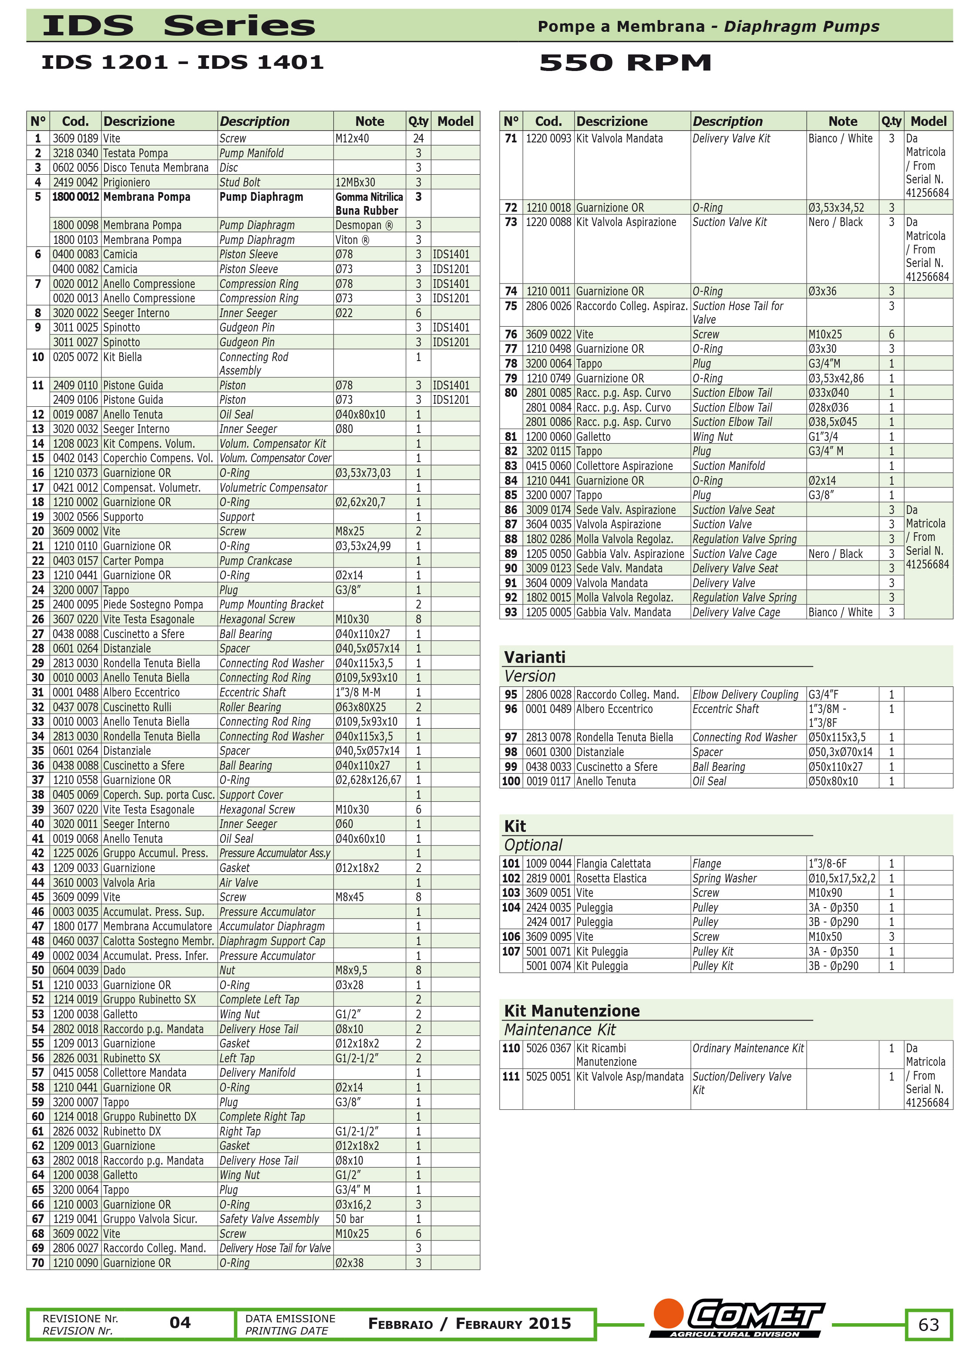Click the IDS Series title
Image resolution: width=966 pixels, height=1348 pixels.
(178, 26)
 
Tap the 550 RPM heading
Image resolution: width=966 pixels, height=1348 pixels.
(625, 62)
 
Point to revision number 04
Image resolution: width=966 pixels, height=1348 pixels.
(180, 1322)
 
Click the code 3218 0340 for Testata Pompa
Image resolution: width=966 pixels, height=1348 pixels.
(75, 153)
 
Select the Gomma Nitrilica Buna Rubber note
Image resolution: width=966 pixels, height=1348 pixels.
(369, 203)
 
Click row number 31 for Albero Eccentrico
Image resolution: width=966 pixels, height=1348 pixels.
(38, 693)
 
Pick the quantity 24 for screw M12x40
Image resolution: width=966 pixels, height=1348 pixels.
(418, 139)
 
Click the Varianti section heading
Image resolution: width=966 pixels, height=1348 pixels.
(535, 657)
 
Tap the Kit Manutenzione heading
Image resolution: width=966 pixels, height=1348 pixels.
(572, 1011)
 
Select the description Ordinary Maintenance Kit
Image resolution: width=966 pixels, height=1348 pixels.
(747, 1048)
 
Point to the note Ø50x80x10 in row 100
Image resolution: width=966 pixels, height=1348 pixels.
(833, 781)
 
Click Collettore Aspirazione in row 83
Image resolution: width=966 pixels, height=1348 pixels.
(624, 466)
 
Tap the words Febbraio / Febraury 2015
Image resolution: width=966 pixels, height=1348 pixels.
(469, 1323)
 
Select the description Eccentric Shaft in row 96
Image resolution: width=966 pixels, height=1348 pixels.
(725, 709)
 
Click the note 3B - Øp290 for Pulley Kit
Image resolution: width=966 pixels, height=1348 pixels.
(833, 966)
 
